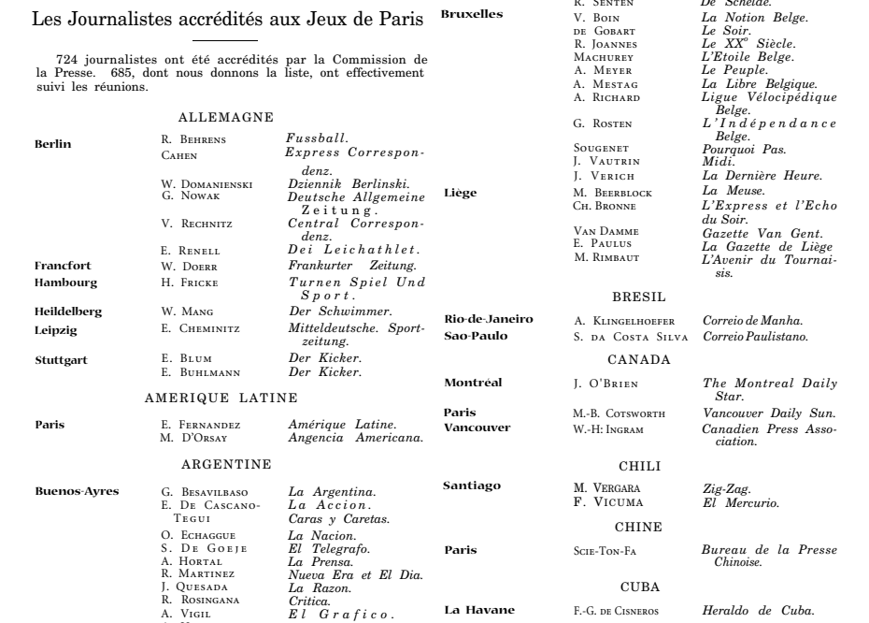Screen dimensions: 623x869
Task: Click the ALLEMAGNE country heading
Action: point(225,117)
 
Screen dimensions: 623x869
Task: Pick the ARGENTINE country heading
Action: point(225,463)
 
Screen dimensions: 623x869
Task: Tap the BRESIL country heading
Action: point(640,296)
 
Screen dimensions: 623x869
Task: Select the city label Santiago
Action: point(471,485)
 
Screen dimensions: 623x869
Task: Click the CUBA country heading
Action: point(640,587)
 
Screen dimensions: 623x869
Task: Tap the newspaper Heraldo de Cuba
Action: point(758,613)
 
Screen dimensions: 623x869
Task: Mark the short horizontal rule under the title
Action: point(225,41)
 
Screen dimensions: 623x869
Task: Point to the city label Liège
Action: point(460,194)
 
